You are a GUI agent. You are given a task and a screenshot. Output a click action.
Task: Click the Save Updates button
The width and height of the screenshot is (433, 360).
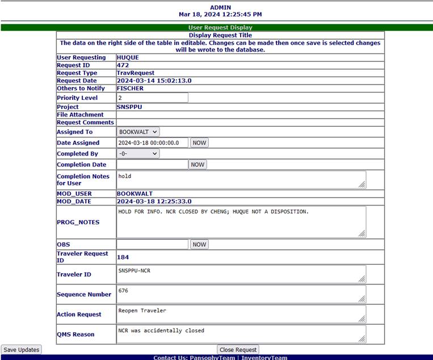[x=21, y=350]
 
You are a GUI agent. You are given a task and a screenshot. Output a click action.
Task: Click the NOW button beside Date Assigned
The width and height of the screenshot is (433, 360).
[x=199, y=143]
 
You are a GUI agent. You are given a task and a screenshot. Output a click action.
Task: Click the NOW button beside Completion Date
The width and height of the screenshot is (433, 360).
[x=197, y=165]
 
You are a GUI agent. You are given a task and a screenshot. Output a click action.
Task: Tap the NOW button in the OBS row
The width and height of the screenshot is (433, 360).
[x=199, y=244]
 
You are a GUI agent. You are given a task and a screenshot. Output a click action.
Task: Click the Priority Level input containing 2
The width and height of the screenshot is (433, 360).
[x=152, y=98]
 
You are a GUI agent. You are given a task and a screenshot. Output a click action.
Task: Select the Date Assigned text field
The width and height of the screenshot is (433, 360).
[x=152, y=143]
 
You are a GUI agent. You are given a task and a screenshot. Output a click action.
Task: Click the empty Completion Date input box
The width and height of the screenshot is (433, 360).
[x=152, y=165]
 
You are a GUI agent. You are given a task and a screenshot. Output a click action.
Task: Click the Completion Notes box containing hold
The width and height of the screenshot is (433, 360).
[x=241, y=180]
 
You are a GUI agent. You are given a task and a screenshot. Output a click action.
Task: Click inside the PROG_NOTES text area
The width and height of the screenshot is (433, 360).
[x=241, y=222]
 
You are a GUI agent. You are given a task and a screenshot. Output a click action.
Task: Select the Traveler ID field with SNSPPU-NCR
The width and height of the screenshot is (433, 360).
[x=241, y=274]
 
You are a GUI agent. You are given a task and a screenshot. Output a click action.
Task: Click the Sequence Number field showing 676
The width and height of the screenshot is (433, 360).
[x=241, y=294]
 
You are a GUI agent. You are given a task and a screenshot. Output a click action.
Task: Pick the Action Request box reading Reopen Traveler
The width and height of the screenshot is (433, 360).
[x=241, y=314]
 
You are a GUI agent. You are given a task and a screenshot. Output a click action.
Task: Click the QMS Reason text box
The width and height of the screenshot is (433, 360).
[x=241, y=334]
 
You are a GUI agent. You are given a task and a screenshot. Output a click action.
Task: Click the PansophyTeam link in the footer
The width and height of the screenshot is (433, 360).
[x=215, y=358]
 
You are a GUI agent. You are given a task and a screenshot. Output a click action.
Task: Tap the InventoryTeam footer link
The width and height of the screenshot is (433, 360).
[x=264, y=358]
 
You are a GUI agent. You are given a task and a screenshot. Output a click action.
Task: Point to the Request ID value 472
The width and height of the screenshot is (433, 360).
[x=123, y=65]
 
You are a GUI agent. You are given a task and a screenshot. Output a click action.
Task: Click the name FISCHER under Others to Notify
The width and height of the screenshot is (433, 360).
[x=130, y=89]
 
